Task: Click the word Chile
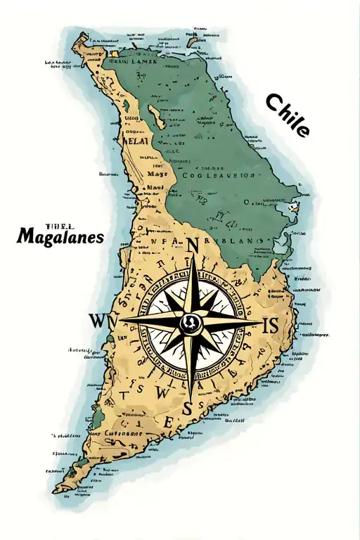287,116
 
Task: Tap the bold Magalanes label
60,237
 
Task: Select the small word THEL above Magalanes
55,226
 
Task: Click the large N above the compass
193,245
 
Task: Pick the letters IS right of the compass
271,325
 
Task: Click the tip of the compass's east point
257,323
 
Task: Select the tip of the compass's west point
121,321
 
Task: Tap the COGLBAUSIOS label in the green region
218,176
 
